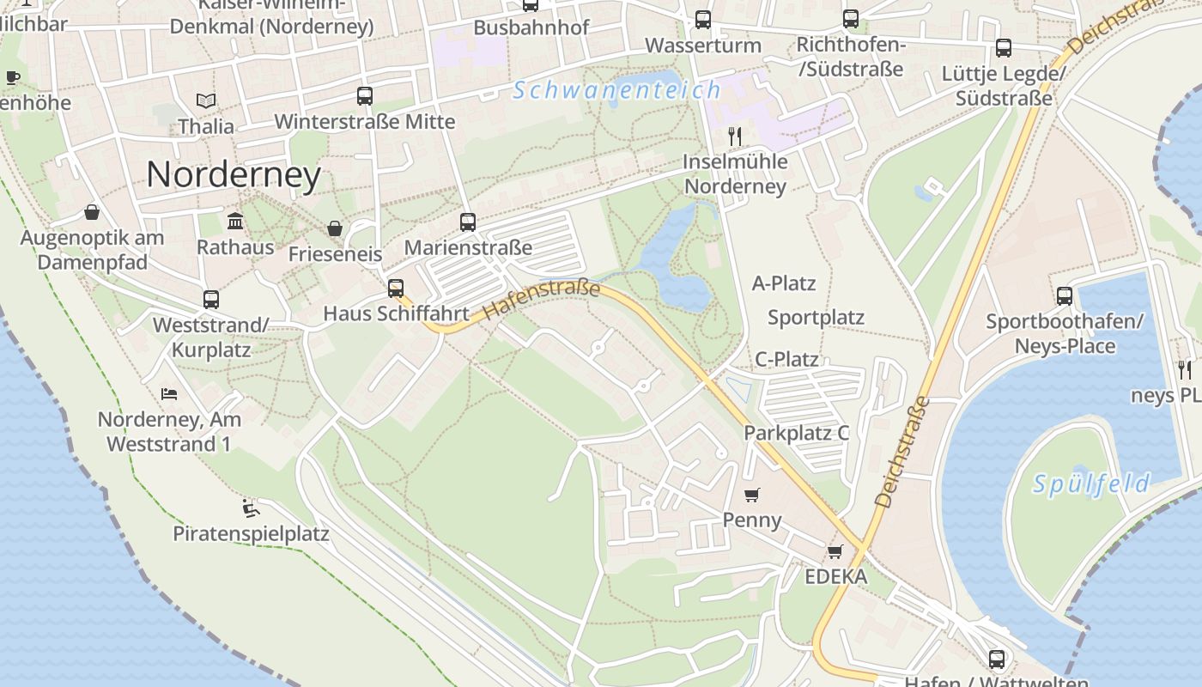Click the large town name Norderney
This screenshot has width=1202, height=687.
coord(234,175)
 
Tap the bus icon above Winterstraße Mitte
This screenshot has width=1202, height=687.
coord(365,96)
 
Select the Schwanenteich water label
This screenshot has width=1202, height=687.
coord(616,90)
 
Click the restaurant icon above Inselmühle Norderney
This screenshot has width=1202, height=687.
coord(734,137)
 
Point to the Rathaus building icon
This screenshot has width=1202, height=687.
coord(235,222)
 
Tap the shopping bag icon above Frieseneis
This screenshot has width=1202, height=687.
coord(335,228)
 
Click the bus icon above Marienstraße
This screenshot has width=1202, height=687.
coord(468,222)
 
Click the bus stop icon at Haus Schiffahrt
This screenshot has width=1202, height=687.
coord(396,289)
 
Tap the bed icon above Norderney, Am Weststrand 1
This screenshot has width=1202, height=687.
coord(169,394)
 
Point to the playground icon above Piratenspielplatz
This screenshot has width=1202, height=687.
coord(251,508)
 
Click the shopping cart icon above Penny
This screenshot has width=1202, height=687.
coord(752,495)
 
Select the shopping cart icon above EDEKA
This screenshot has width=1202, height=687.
coord(835,551)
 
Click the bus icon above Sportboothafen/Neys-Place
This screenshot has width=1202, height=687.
coord(1065,296)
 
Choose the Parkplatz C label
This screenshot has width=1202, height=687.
coord(796,433)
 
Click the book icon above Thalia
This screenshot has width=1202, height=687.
coord(206,101)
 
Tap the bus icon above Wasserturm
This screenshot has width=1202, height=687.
coord(703,19)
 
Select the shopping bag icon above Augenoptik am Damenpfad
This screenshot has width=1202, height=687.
coord(92,212)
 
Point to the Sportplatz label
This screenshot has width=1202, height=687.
coord(816,318)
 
